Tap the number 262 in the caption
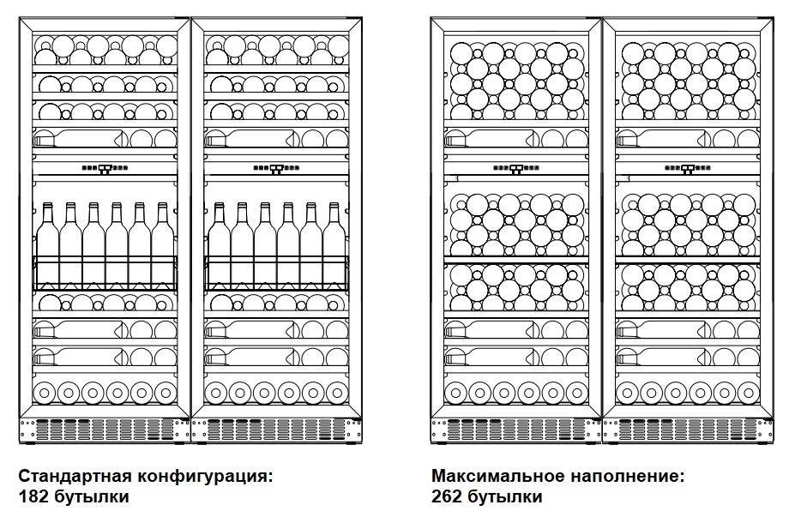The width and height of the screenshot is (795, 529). (447, 496)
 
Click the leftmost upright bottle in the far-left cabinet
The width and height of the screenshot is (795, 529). (48, 244)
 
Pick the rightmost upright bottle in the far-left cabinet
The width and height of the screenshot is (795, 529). (163, 244)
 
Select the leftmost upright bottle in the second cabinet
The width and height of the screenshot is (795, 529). (220, 244)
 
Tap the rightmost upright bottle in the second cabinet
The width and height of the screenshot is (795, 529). (334, 244)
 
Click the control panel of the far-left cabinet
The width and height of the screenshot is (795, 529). (105, 169)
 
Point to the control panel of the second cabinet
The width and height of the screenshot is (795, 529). (276, 169)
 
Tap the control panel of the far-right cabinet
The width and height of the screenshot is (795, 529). (689, 169)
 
